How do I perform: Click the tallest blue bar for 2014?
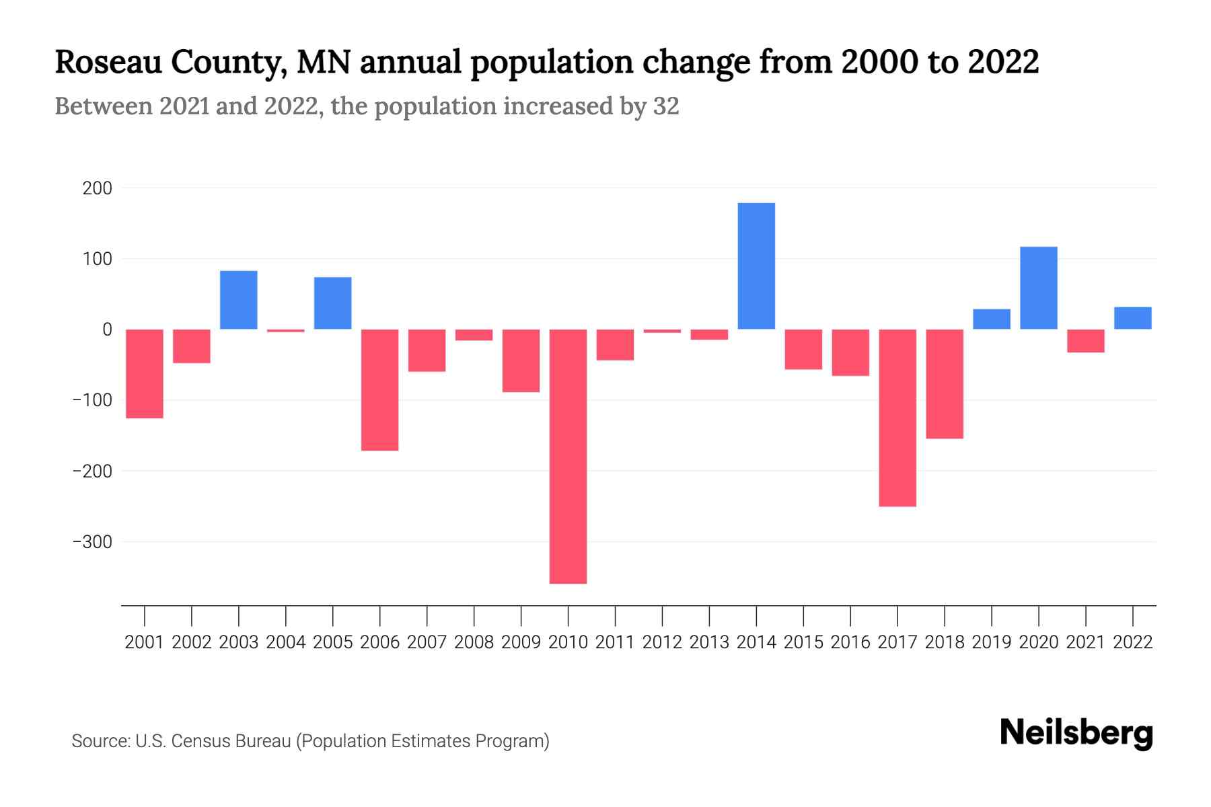[756, 266]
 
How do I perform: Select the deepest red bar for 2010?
[568, 456]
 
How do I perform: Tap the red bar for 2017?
[897, 418]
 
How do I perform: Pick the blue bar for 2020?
[1039, 288]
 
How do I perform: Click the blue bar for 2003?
[239, 300]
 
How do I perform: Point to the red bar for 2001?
[145, 374]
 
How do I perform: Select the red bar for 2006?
[380, 390]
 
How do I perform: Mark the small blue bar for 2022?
[1133, 318]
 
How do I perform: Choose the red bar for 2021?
[1086, 341]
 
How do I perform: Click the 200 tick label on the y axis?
[97, 188]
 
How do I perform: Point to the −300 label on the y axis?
[92, 542]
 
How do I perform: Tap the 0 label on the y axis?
[107, 330]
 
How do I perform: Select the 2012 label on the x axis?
[662, 642]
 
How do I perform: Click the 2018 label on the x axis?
[945, 642]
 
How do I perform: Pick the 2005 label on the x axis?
[333, 642]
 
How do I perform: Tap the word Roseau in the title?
[108, 62]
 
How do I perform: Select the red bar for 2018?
[945, 384]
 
